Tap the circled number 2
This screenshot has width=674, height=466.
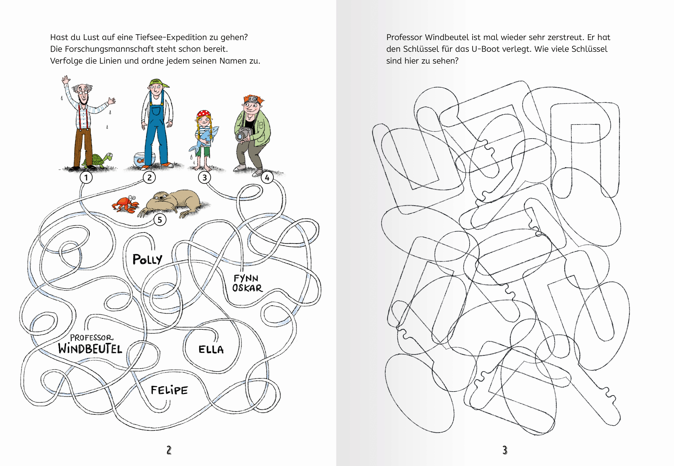pos(149,177)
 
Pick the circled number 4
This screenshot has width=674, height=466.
pos(267,177)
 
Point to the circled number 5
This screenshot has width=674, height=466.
pos(160,220)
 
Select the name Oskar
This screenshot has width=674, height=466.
pos(247,288)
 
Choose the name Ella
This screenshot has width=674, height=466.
pos(211,349)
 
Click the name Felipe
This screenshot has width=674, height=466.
pos(169,390)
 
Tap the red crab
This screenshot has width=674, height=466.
pos(126,204)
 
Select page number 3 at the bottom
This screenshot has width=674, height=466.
pos(505,450)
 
